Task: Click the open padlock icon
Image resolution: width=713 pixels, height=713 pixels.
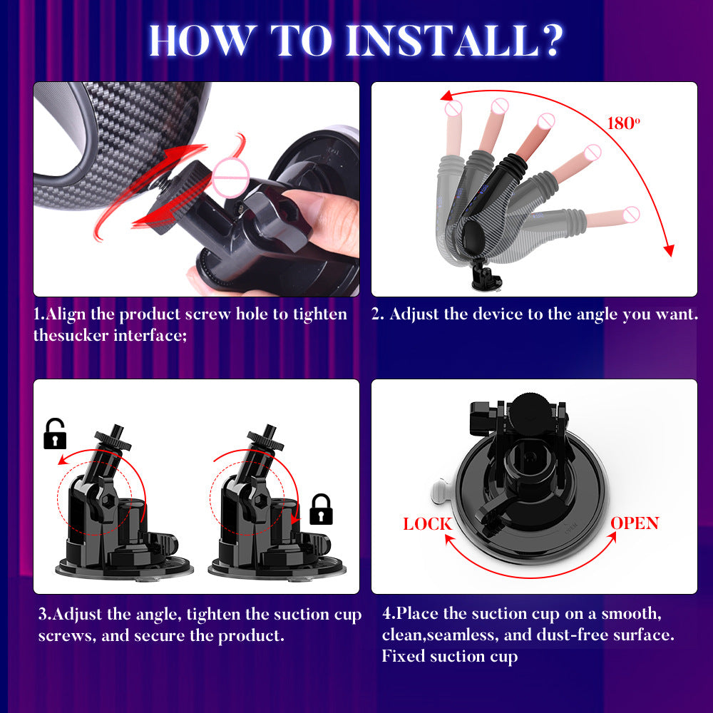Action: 55,434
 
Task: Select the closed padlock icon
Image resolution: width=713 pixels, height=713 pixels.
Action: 322,509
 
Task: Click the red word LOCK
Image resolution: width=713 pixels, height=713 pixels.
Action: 428,524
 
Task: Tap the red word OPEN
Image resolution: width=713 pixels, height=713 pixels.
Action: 635,523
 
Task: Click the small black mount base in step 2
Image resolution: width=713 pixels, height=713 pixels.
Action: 488,277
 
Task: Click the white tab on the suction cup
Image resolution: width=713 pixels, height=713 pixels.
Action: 439,490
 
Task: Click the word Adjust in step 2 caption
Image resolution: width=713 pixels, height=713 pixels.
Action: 414,314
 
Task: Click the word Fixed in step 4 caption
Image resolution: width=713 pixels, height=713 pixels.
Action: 404,655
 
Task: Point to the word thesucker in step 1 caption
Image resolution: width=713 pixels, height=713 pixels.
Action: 71,334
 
